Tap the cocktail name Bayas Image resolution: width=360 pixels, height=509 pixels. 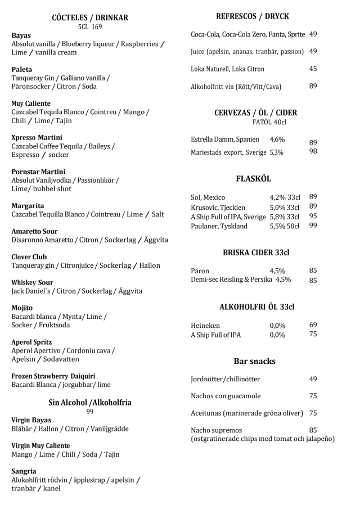coord(21,35)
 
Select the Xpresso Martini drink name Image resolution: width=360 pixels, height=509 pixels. coord(37,137)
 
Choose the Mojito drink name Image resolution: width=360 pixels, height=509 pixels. coord(22,308)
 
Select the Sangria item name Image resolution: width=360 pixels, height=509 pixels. coord(24,471)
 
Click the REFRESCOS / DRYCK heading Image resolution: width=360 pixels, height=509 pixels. coord(253,16)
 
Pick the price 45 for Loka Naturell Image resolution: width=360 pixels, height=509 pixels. coord(313,69)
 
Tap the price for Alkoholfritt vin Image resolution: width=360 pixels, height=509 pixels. coord(313,86)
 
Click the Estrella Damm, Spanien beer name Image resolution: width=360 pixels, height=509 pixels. coord(225,139)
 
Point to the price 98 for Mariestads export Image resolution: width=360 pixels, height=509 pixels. coord(313,152)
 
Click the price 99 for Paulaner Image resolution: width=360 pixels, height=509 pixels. coord(313,226)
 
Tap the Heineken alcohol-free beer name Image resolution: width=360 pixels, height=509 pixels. coord(205,325)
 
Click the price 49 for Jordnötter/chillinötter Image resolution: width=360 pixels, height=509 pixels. coord(313,379)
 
